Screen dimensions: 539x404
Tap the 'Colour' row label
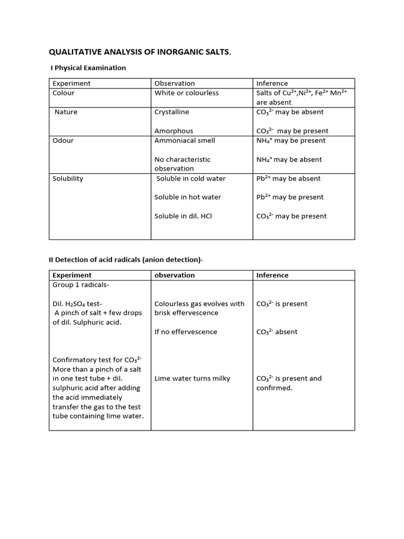64,93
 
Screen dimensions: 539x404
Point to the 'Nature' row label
66,112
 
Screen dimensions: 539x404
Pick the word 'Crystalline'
171,112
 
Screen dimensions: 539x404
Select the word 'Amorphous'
174,131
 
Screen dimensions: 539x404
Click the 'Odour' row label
63,141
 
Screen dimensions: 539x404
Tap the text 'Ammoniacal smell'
185,141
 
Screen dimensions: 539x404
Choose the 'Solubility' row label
68,178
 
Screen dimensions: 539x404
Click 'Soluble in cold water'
191,178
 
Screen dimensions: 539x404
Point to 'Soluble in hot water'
188,197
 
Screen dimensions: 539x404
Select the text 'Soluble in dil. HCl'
183,216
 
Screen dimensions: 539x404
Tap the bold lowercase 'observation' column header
175,275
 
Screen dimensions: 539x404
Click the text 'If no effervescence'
186,332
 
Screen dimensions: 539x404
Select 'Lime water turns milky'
192,378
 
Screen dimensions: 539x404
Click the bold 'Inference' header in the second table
272,275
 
